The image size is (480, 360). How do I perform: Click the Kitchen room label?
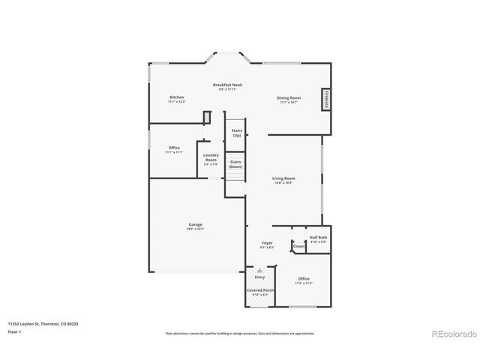click(x=177, y=97)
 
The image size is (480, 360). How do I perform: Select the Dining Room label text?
click(x=289, y=97)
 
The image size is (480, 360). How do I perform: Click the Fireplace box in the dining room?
click(x=326, y=99)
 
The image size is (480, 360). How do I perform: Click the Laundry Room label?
click(x=211, y=157)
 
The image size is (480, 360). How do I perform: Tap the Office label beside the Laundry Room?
click(x=174, y=148)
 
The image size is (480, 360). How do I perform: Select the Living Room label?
click(x=283, y=178)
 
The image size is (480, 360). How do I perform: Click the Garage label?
click(x=195, y=224)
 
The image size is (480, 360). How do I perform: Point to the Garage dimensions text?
click(x=195, y=229)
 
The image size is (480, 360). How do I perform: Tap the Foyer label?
click(x=267, y=242)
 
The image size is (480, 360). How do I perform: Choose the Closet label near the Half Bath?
click(x=298, y=246)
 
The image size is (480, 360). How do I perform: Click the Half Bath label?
click(x=318, y=238)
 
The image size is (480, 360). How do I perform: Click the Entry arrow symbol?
click(x=259, y=270)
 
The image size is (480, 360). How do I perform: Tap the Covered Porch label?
click(x=260, y=289)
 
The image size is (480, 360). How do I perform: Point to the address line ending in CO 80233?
click(x=43, y=323)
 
